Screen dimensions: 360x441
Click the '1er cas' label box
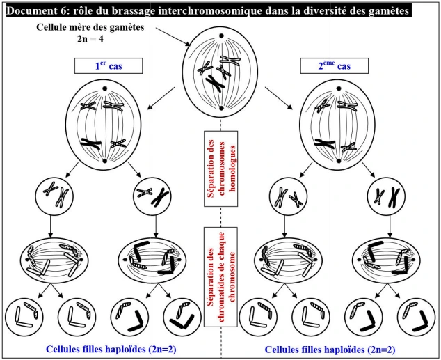click(x=109, y=66)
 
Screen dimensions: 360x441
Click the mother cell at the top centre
click(x=220, y=74)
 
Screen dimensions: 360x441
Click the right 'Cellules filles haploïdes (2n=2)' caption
click(x=330, y=349)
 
